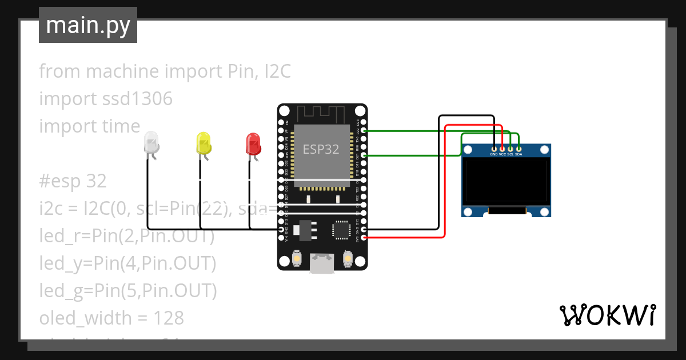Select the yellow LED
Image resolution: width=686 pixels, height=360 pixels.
pyautogui.click(x=203, y=142)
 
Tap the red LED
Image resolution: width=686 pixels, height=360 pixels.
pyautogui.click(x=253, y=143)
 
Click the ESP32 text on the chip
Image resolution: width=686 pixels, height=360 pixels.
pyautogui.click(x=321, y=150)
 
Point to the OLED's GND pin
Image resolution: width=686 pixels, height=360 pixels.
pyautogui.click(x=494, y=149)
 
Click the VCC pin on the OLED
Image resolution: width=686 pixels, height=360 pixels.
pyautogui.click(x=502, y=149)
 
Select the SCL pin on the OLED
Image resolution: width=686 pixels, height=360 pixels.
pyautogui.click(x=510, y=149)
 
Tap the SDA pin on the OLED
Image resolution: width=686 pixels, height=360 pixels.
pyautogui.click(x=519, y=149)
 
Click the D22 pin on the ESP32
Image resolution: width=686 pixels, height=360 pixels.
pyautogui.click(x=364, y=131)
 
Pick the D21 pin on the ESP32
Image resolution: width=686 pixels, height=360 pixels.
pyautogui.click(x=364, y=155)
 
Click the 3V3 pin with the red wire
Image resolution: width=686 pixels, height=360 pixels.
pyautogui.click(x=364, y=237)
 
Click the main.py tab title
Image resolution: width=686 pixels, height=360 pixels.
pyautogui.click(x=87, y=25)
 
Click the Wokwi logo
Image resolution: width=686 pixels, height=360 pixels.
pyautogui.click(x=607, y=315)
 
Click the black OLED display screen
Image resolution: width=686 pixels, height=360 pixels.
pyautogui.click(x=506, y=181)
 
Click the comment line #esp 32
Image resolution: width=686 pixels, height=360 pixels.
pyautogui.click(x=73, y=181)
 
